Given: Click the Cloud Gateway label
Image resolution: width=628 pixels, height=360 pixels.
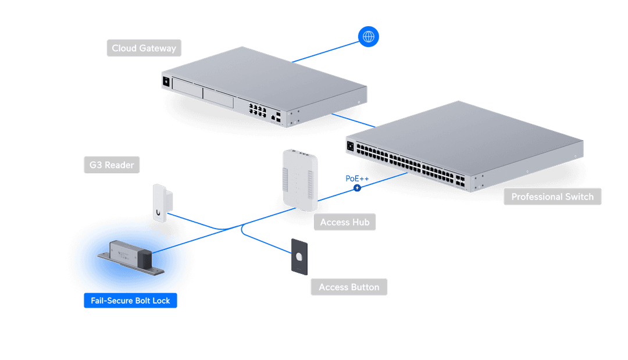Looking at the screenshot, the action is (x=144, y=48).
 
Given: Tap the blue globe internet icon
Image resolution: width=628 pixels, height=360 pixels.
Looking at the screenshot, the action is (x=369, y=37).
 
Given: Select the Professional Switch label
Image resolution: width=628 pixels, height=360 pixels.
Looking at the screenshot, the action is (x=552, y=197).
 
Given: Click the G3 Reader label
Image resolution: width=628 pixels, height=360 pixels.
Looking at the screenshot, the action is (x=112, y=165).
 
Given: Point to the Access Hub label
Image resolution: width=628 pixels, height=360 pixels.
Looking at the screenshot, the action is (x=345, y=222).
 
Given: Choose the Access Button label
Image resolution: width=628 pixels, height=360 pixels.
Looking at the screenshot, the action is (x=349, y=287).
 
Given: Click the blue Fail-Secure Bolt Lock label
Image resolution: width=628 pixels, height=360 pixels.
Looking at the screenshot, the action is (x=131, y=301).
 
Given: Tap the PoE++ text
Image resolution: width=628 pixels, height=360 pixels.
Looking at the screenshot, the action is (x=357, y=179).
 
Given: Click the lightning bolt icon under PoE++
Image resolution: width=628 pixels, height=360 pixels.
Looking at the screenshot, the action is (x=357, y=188).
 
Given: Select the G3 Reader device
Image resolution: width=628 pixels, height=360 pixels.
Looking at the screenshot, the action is (x=162, y=203).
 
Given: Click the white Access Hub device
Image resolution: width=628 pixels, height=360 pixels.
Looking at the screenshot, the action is (x=300, y=180).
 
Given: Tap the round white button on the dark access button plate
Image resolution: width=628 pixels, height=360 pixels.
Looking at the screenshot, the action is (x=299, y=256).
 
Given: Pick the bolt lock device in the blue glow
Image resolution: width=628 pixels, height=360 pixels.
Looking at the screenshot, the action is (x=131, y=258).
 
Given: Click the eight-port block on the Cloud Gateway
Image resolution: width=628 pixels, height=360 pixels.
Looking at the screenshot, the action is (x=258, y=111).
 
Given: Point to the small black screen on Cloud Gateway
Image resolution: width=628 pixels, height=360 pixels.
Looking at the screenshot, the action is (x=166, y=81).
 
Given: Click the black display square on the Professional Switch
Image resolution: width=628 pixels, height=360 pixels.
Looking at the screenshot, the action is (x=351, y=146).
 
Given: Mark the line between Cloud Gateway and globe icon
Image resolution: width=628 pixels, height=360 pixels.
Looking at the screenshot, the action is (x=326, y=52).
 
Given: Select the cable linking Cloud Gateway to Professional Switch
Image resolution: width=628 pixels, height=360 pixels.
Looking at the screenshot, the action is (x=354, y=120).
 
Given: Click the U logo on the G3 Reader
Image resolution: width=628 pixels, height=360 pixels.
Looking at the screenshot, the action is (x=158, y=213).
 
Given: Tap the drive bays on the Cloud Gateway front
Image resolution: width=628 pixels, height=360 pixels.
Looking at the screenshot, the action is (x=203, y=93).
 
